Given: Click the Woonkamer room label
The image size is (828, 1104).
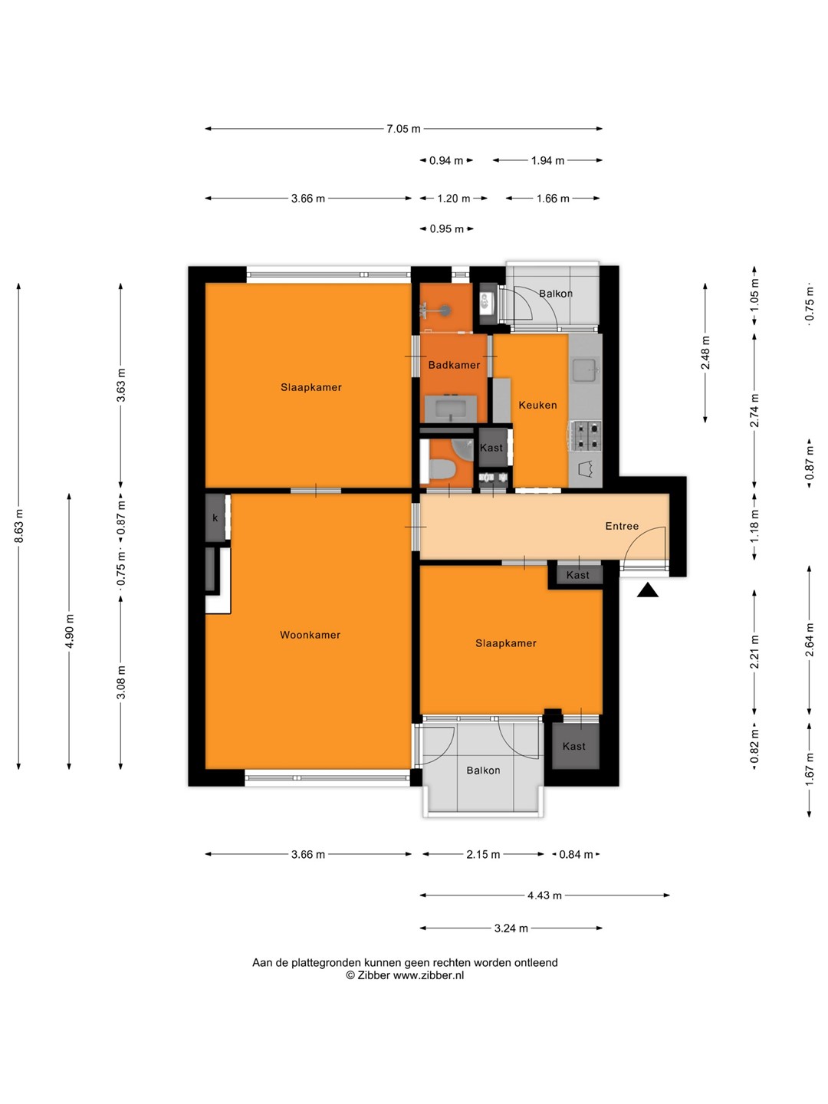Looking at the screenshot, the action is pyautogui.click(x=310, y=635).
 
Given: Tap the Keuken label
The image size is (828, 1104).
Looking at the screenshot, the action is pyautogui.click(x=537, y=405).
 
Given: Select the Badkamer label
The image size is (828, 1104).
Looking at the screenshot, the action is pyautogui.click(x=454, y=365).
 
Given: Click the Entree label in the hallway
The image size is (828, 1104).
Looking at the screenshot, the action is pyautogui.click(x=622, y=526).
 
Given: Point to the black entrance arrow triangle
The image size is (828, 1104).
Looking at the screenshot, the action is pyautogui.click(x=648, y=590).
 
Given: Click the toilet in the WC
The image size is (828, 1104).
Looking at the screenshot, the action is pyautogui.click(x=442, y=468).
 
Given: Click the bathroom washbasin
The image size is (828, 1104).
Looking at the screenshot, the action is pyautogui.click(x=451, y=409).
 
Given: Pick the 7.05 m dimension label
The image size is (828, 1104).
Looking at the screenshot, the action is pyautogui.click(x=403, y=129).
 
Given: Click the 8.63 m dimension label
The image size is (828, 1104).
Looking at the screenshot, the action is pyautogui.click(x=18, y=526).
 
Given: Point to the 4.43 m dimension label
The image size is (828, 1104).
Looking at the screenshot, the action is pyautogui.click(x=544, y=895).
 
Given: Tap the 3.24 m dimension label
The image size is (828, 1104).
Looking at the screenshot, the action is pyautogui.click(x=511, y=928).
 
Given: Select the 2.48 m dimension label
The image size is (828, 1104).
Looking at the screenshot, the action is pyautogui.click(x=705, y=353).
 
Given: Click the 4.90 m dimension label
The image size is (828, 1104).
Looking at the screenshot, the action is pyautogui.click(x=69, y=631).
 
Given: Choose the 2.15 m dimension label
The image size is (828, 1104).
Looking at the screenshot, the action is pyautogui.click(x=483, y=855).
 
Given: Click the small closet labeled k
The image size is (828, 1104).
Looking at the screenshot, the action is pyautogui.click(x=215, y=518).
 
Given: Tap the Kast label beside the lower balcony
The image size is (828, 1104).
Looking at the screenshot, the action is pyautogui.click(x=574, y=747).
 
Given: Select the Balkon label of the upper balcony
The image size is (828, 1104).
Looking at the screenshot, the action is pyautogui.click(x=556, y=293).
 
